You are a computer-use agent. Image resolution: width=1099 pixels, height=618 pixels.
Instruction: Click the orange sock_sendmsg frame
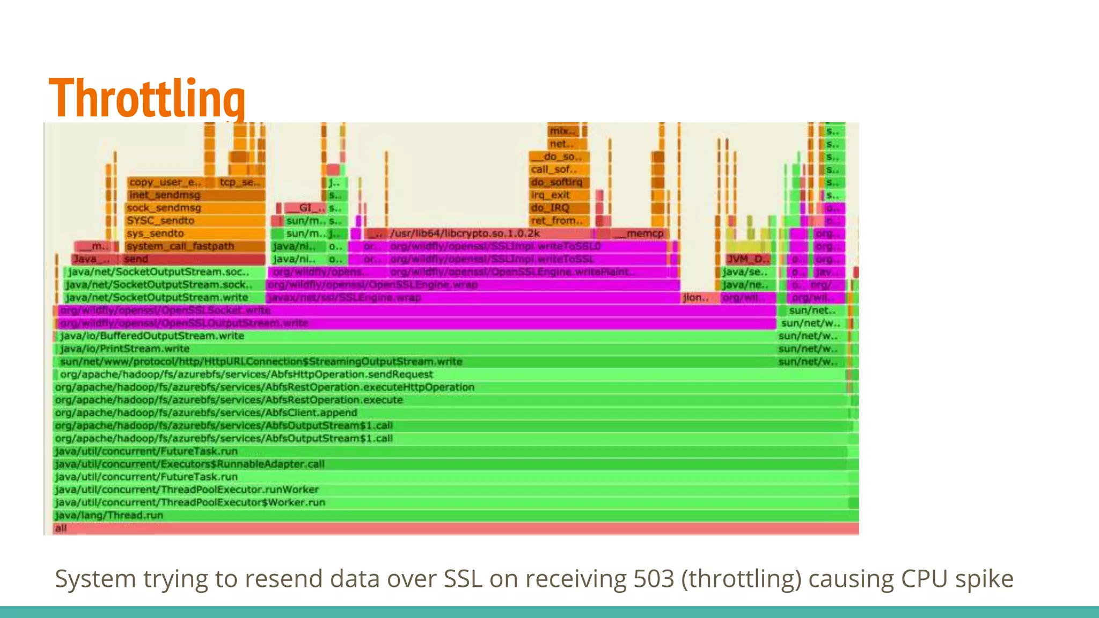tap(195, 208)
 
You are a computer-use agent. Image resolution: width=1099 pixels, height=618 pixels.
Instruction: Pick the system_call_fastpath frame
tap(195, 246)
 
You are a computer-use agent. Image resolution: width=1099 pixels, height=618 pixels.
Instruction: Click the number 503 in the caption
tap(654, 579)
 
